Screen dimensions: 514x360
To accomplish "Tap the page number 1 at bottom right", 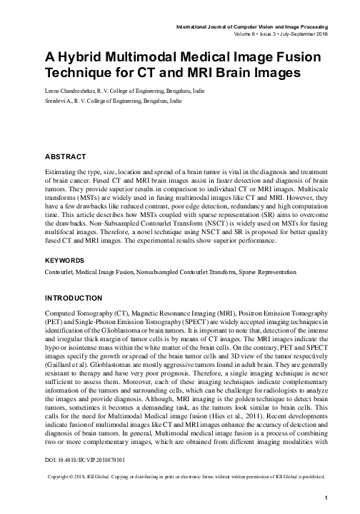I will tap(326, 498).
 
